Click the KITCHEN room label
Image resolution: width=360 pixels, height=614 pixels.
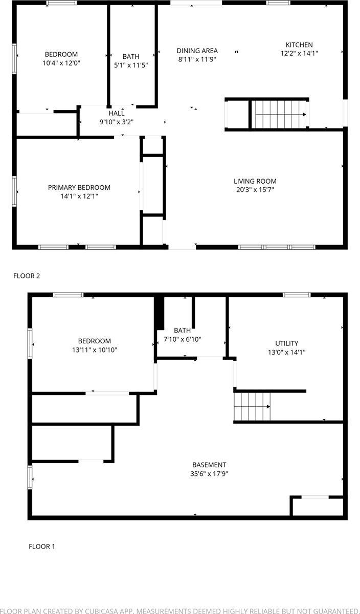coord(299,45)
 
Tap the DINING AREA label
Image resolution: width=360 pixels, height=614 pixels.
coord(197,51)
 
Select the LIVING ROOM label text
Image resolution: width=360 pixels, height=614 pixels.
coord(255,181)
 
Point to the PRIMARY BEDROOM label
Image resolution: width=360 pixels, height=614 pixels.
coord(79,188)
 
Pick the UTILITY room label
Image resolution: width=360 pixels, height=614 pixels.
coord(286,343)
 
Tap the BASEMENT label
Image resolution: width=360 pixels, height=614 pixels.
coord(209,465)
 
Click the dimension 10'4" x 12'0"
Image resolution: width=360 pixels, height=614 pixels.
coord(61,63)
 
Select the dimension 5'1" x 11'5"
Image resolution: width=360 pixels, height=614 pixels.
coord(131,65)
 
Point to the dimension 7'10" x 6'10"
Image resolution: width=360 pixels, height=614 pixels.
coord(182,339)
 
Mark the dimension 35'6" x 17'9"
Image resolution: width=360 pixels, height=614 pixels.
coord(209,474)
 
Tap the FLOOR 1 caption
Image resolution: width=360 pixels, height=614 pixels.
coord(42,546)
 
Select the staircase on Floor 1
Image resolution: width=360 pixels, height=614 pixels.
coord(252,406)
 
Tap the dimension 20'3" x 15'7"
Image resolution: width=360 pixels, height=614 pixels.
coord(255,190)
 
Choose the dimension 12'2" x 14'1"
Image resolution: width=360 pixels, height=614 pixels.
coord(299,53)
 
